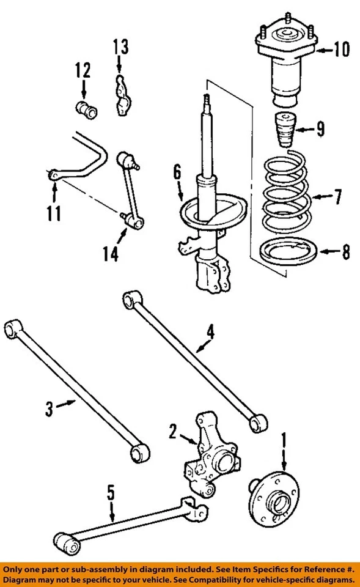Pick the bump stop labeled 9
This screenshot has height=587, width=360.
(x=283, y=130)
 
